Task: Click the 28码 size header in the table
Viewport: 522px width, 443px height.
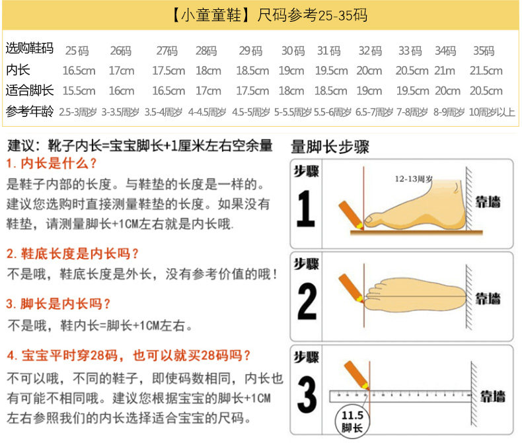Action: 206,51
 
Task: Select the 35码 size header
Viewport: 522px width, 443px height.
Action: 484,51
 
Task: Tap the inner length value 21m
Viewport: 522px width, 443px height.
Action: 445,71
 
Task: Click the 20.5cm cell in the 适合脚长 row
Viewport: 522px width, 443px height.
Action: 486,91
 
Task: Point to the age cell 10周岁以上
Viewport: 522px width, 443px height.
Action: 492,112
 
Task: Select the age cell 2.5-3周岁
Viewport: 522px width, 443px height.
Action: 78,112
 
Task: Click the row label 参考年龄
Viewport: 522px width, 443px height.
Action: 30,112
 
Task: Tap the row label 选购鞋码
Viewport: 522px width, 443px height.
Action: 30,48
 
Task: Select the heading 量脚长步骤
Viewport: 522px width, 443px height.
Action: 330,147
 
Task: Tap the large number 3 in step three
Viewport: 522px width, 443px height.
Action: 306,395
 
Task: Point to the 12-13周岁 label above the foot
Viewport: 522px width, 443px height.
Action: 414,179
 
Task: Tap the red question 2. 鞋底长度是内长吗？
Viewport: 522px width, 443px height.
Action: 73,254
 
